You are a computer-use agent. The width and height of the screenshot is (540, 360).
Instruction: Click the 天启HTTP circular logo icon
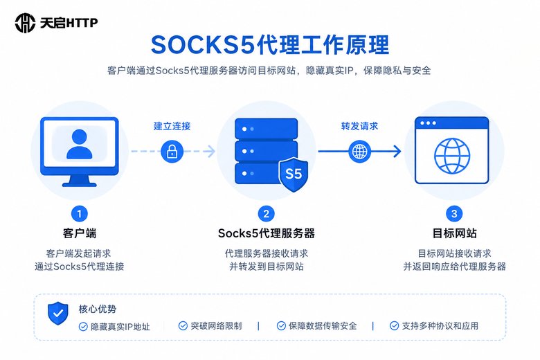[25, 23]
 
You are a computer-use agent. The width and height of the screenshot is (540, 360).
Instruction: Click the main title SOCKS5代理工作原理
[270, 45]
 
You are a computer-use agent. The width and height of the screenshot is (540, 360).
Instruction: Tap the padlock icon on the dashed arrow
[172, 151]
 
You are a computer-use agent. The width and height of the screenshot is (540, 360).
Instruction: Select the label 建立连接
[172, 126]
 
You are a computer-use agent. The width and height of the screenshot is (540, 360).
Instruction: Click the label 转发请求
[359, 126]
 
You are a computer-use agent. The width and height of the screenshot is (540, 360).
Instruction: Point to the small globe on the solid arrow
[359, 151]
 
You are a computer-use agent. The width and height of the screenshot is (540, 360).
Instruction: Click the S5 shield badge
[294, 174]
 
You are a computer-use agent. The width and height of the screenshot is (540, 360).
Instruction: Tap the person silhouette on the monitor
[80, 144]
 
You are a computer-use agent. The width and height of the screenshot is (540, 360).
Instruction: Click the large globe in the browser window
[452, 156]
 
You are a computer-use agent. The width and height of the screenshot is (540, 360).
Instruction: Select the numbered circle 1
[80, 214]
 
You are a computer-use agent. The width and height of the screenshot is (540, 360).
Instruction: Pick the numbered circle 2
[267, 214]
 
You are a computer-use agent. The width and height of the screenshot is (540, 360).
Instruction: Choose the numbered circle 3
[454, 214]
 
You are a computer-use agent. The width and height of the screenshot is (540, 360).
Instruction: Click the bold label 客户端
[80, 233]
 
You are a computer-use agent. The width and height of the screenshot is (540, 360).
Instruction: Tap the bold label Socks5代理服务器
[267, 233]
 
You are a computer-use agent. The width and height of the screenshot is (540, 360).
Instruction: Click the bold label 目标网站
[454, 233]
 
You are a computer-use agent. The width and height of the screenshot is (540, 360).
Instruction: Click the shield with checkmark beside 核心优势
[58, 313]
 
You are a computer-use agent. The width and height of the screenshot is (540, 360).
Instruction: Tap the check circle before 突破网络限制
[183, 326]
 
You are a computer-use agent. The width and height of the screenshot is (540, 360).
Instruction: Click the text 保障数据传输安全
[323, 326]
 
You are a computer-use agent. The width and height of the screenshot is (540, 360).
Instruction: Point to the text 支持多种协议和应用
[440, 326]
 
